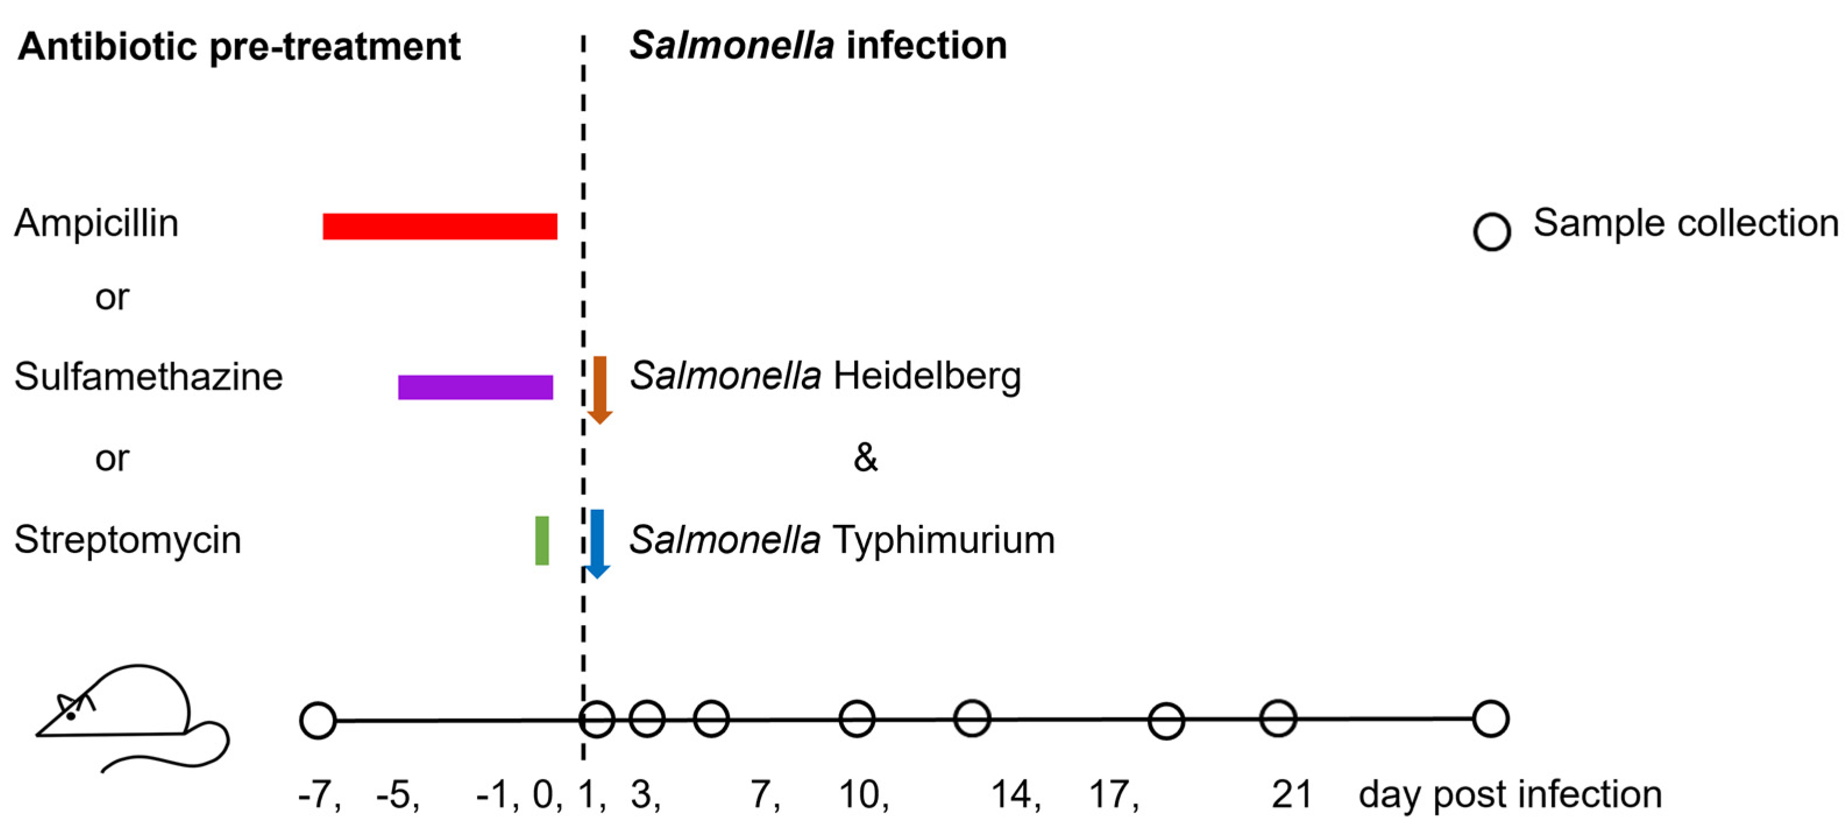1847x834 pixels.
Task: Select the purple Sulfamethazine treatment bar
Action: pos(475,387)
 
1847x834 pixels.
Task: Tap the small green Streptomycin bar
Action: pos(542,541)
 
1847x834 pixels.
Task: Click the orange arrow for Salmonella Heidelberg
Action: pos(600,389)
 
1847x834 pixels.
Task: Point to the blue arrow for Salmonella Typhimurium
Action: pos(597,544)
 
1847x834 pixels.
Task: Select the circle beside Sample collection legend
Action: pos(1492,232)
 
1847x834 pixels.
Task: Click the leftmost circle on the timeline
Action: pos(318,720)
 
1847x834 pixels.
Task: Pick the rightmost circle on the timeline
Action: pos(1491,719)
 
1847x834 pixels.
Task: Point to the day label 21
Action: pos(1291,794)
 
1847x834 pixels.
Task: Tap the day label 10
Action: pos(859,794)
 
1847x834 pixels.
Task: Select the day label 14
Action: pos(1011,794)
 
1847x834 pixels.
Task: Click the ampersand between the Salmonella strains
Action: pos(865,457)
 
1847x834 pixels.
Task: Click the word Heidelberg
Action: pos(927,376)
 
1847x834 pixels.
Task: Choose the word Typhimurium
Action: pos(944,540)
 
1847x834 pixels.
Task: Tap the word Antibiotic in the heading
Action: pos(108,47)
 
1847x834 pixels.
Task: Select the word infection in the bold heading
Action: pos(926,45)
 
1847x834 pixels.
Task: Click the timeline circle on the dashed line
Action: pos(596,719)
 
